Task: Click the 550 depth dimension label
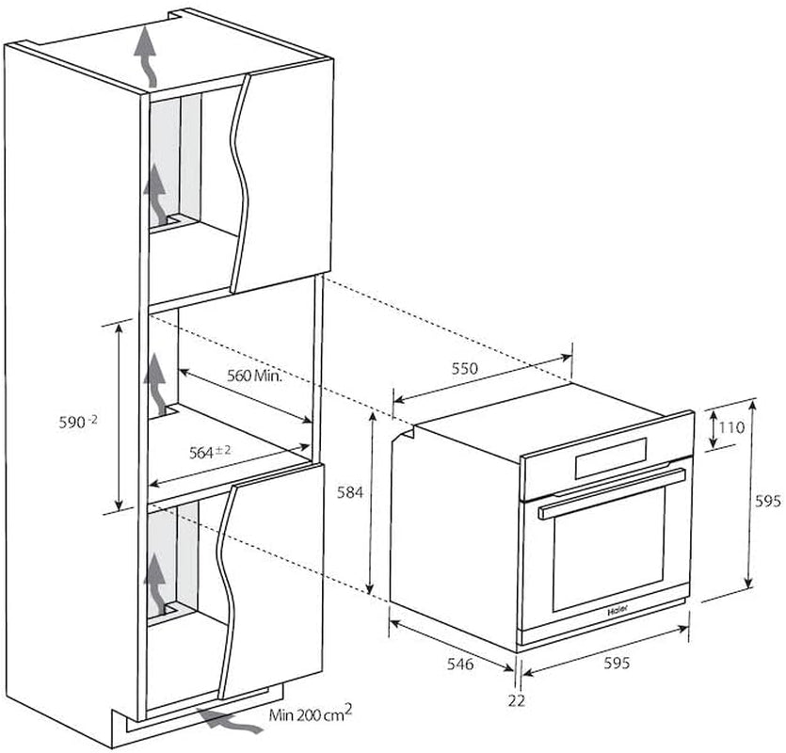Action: coord(465,368)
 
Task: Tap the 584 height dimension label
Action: coord(349,493)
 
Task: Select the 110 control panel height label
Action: coord(731,427)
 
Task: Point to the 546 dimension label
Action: coord(459,664)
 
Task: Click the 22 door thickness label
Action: coord(517,700)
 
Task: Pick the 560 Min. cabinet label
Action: coord(255,375)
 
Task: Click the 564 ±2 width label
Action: coord(210,452)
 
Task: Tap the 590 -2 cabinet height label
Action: coord(78,422)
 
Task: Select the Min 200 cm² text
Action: coord(311,713)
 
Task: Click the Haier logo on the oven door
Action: coord(618,612)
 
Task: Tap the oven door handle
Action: coord(612,494)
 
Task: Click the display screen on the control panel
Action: coord(611,458)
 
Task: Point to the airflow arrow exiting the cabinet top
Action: coord(146,56)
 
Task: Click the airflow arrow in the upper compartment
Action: coord(155,196)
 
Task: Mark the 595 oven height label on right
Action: coord(767,501)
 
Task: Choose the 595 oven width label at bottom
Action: coord(616,663)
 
